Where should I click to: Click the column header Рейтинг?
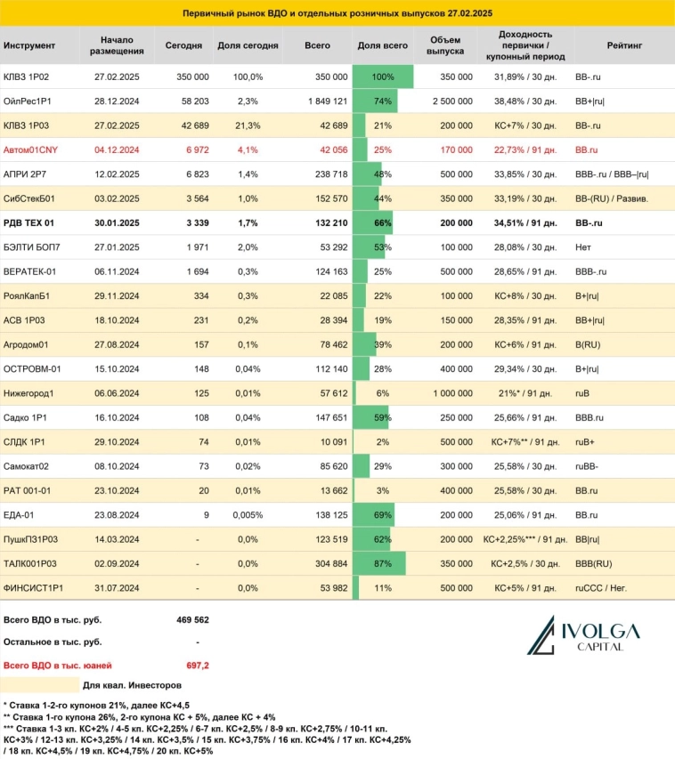tap(622, 44)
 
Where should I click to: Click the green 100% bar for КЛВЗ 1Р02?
tap(383, 77)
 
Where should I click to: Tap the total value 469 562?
tap(192, 620)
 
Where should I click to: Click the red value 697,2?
tap(197, 664)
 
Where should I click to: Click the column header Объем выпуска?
tap(445, 44)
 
